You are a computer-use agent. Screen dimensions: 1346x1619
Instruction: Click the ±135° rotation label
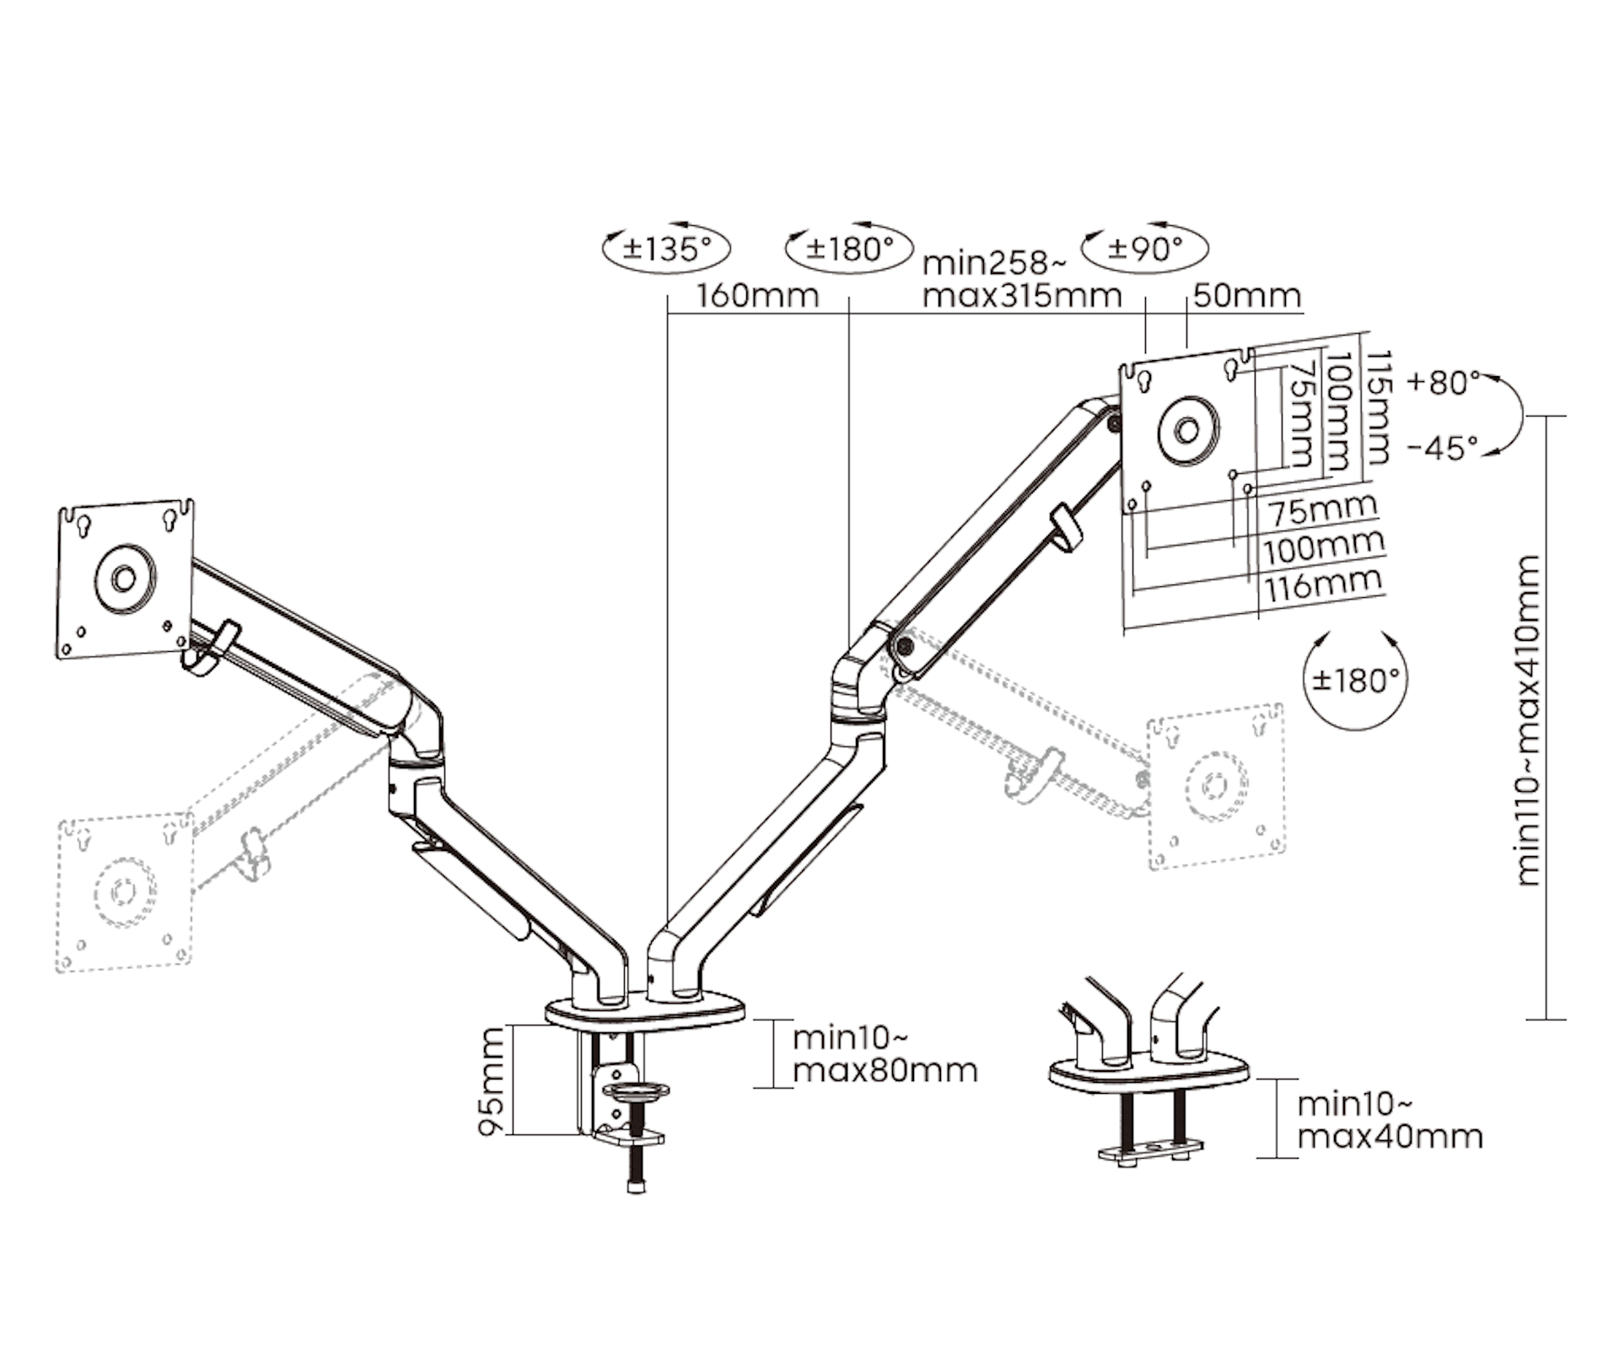[x=666, y=249]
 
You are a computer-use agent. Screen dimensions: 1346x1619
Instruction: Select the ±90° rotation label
[x=1145, y=248]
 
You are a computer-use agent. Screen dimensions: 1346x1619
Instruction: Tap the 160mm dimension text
[x=756, y=296]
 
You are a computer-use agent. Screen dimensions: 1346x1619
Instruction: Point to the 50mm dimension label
[x=1247, y=296]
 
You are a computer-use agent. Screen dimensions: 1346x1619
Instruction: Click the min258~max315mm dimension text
[x=1021, y=279]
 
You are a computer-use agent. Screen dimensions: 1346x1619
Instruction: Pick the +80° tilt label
[x=1443, y=383]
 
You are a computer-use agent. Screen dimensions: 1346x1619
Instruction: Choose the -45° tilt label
[x=1443, y=448]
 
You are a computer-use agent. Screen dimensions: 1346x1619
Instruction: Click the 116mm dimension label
[x=1323, y=584]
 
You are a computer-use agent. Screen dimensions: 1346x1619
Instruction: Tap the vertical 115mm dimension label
[x=1376, y=408]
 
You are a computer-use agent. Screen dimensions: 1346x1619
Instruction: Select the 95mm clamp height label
[x=492, y=1080]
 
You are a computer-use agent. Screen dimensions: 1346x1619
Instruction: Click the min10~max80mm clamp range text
[x=885, y=1053]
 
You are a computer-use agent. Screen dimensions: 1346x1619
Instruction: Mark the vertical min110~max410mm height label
[x=1527, y=721]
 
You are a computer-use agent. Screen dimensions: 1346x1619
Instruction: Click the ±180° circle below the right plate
[x=1355, y=680]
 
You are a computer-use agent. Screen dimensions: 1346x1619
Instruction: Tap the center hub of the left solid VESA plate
[x=125, y=579]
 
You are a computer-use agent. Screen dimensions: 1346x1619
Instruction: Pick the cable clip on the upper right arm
[x=1065, y=529]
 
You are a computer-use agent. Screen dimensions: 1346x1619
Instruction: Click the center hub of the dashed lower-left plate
[x=125, y=891]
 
